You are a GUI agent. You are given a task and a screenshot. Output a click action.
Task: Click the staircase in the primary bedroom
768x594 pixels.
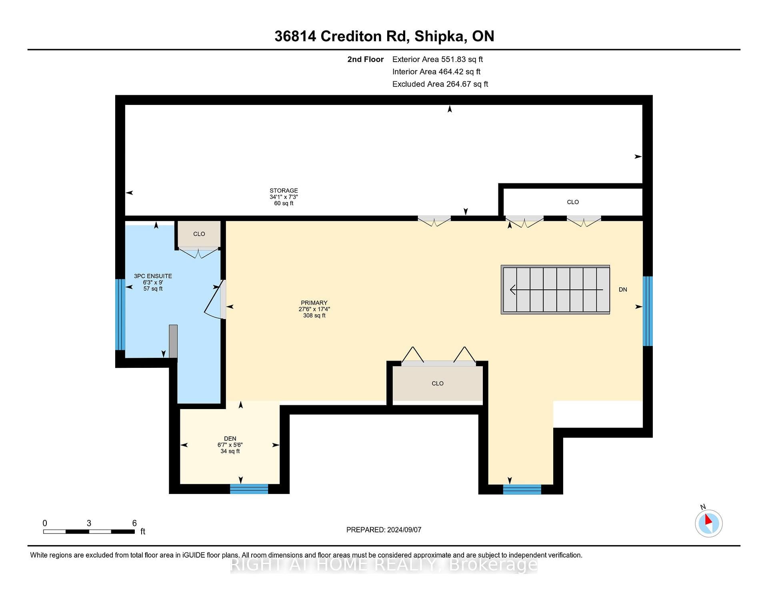(x=555, y=289)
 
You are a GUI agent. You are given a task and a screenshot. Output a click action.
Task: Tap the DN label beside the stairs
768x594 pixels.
(x=623, y=289)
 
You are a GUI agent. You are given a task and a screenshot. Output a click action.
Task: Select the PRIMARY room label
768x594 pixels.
(x=314, y=303)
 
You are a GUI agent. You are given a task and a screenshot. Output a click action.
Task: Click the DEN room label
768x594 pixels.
(x=230, y=438)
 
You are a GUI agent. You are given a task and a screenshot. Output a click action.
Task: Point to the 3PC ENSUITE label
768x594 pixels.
(x=153, y=276)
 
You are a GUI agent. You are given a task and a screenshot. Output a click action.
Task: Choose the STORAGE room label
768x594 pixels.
(x=284, y=191)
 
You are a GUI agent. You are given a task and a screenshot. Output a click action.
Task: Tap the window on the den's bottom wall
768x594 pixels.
(x=249, y=489)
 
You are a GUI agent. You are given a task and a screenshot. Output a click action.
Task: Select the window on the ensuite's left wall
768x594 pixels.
(x=120, y=315)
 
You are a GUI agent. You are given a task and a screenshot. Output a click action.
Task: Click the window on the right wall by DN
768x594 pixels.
(x=648, y=311)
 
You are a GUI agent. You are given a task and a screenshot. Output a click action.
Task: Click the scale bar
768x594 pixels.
(x=89, y=532)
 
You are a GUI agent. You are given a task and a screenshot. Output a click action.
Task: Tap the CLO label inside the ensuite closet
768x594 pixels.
(x=199, y=234)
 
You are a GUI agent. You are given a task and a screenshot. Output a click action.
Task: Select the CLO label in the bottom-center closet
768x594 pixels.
(x=438, y=383)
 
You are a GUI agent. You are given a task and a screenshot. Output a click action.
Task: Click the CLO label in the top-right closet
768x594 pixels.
(x=573, y=202)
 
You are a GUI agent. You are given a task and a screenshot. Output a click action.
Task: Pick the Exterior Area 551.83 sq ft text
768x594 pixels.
(x=438, y=59)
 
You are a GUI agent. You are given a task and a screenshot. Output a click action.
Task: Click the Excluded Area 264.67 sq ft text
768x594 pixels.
(x=440, y=84)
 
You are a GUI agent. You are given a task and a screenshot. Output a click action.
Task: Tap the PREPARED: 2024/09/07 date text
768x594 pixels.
(x=384, y=530)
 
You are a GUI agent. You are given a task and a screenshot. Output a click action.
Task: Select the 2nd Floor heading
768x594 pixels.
(x=365, y=59)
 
